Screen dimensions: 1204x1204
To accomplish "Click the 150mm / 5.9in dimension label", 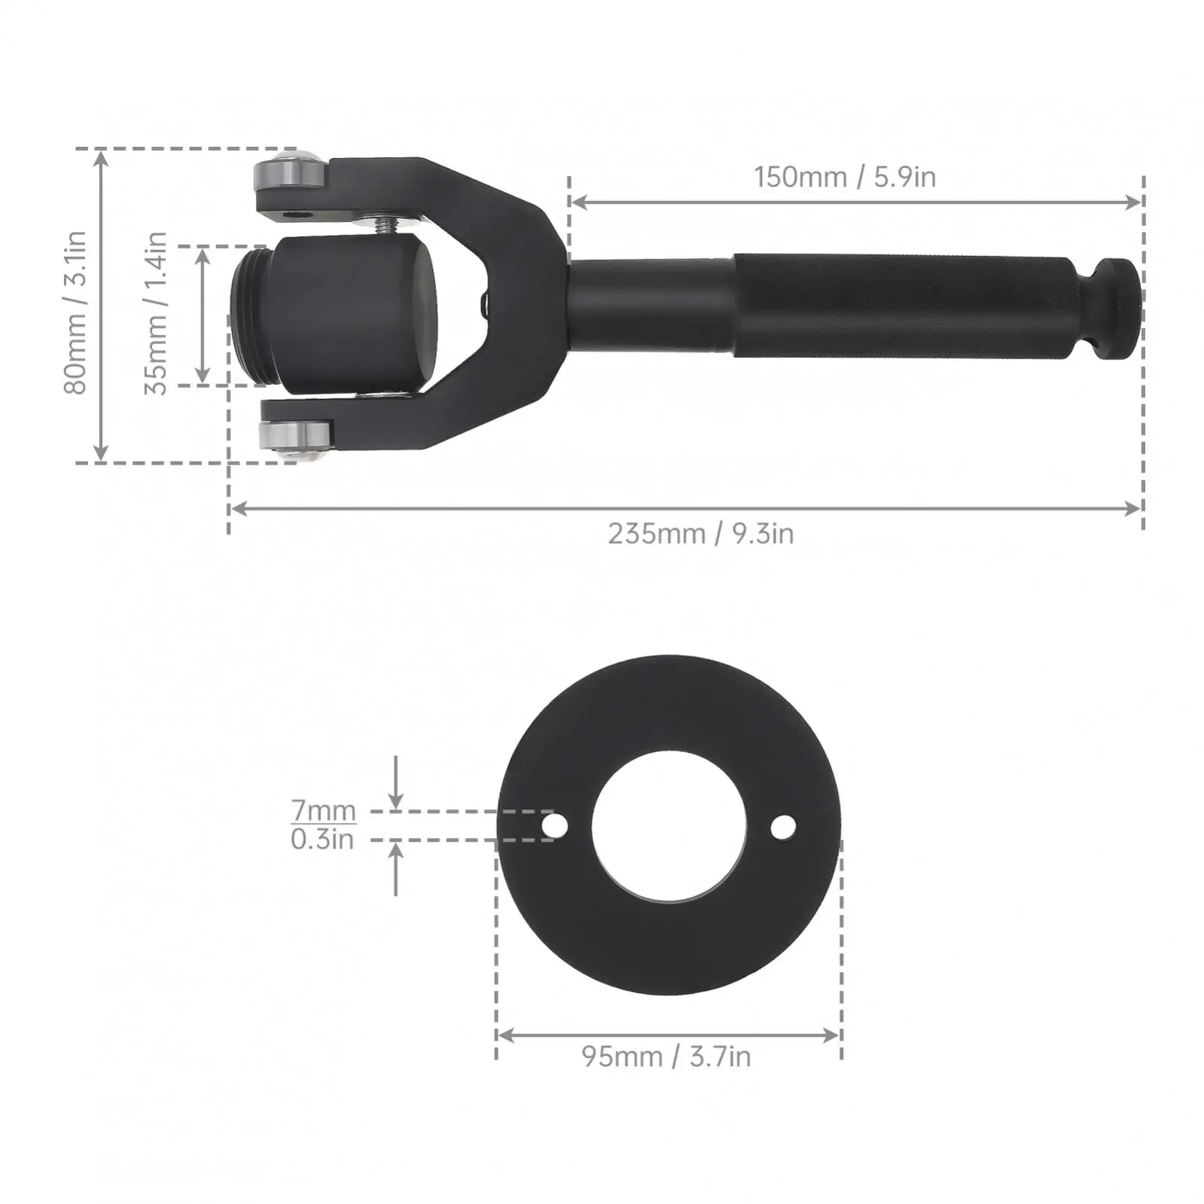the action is [x=845, y=177].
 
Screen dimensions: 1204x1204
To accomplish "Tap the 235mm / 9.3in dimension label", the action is [x=700, y=534].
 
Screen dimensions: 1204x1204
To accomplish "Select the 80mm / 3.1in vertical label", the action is [x=75, y=312].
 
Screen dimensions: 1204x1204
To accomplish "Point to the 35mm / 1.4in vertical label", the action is [x=156, y=312].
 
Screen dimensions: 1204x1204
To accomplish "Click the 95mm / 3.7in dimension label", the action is [x=666, y=1056].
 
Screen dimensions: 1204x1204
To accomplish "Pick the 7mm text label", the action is [x=324, y=810].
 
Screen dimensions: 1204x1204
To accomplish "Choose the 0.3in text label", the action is [x=322, y=839].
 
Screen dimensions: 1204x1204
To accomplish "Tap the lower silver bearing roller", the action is [x=294, y=437].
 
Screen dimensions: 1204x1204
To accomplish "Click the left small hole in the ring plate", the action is [x=556, y=826].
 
